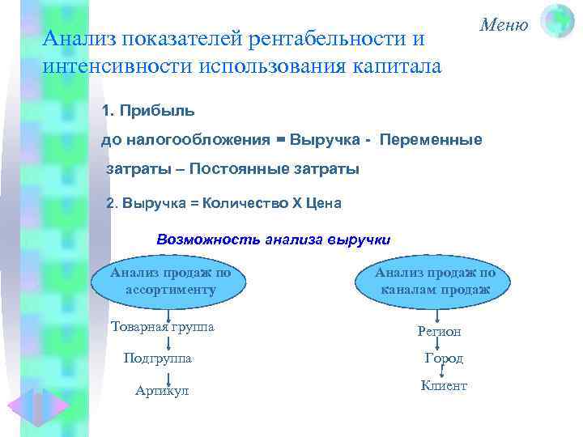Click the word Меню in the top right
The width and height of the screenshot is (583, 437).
point(503,24)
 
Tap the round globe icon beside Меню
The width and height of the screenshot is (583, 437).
point(557,21)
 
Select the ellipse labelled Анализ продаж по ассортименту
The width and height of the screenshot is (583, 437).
point(171,281)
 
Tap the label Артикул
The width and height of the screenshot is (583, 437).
point(162,390)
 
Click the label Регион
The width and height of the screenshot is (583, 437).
point(439,330)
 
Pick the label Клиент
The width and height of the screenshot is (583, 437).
point(444,386)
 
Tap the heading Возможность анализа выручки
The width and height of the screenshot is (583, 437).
point(274,240)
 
